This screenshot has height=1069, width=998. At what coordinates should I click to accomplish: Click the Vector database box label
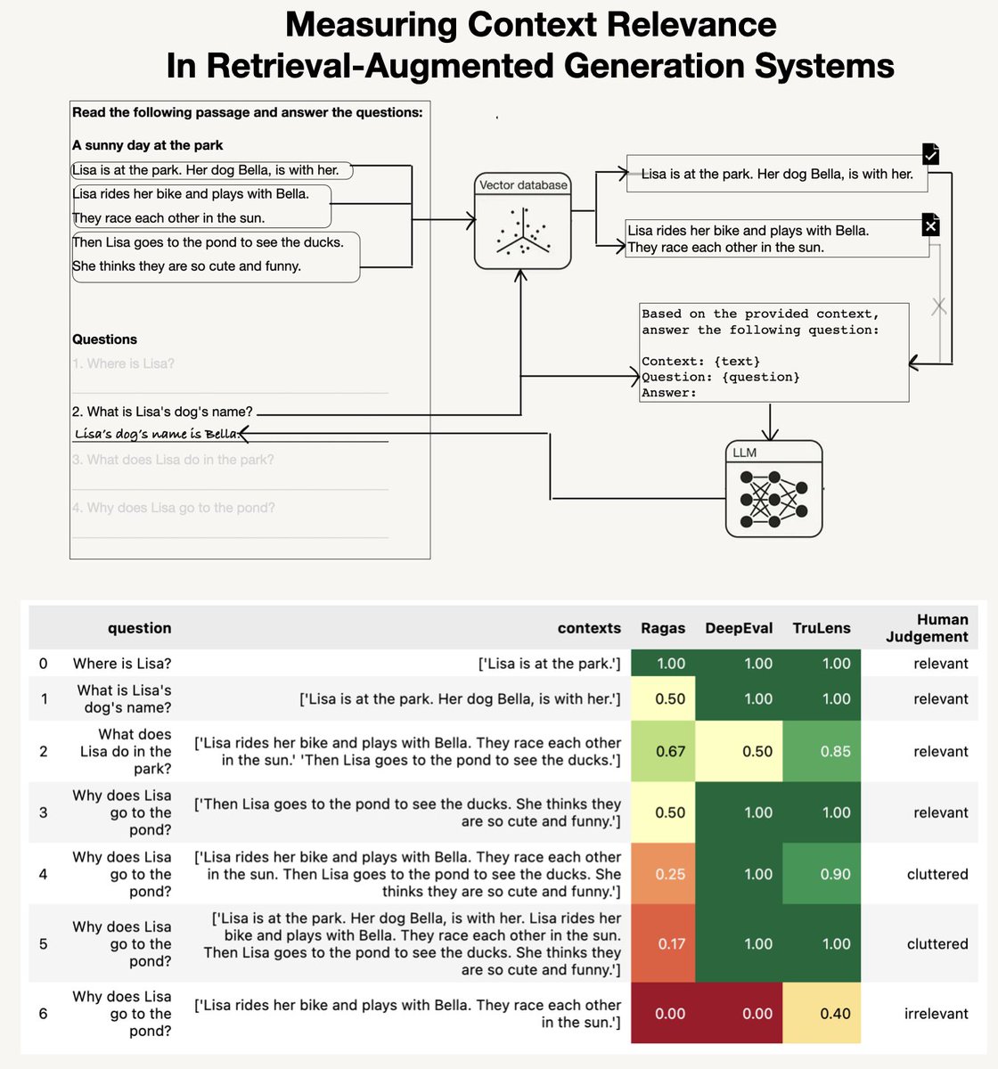(523, 185)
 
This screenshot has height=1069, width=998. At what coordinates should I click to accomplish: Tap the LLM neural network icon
(773, 499)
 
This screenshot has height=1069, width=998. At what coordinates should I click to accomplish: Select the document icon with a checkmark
(930, 154)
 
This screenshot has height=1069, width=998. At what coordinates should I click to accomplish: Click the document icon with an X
(930, 225)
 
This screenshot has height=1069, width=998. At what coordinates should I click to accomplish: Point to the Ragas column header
(663, 628)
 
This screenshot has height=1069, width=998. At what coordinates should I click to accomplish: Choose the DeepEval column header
(739, 628)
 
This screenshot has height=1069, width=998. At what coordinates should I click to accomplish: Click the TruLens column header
(822, 628)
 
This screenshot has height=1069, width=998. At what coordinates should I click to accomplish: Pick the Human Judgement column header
(927, 628)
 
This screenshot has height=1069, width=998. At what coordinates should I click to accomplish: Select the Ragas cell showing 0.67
(670, 751)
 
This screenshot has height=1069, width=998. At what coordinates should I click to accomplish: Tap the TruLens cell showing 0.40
(835, 1013)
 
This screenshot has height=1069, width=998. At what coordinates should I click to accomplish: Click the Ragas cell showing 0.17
(670, 943)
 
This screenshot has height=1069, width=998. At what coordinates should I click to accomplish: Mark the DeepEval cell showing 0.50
(757, 751)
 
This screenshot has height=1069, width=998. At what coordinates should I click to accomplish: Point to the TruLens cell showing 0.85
(835, 751)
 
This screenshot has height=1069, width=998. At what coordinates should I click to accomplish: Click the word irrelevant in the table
(936, 1013)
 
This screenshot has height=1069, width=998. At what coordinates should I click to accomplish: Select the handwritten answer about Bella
(157, 434)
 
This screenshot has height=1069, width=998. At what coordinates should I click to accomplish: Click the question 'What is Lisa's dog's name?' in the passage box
(163, 412)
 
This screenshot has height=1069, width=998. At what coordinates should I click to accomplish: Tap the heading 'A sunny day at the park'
(148, 145)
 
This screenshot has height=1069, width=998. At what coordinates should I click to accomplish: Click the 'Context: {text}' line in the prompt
(700, 361)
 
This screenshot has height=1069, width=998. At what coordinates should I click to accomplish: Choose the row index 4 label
(44, 874)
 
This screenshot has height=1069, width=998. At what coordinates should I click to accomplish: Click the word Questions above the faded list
(104, 339)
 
